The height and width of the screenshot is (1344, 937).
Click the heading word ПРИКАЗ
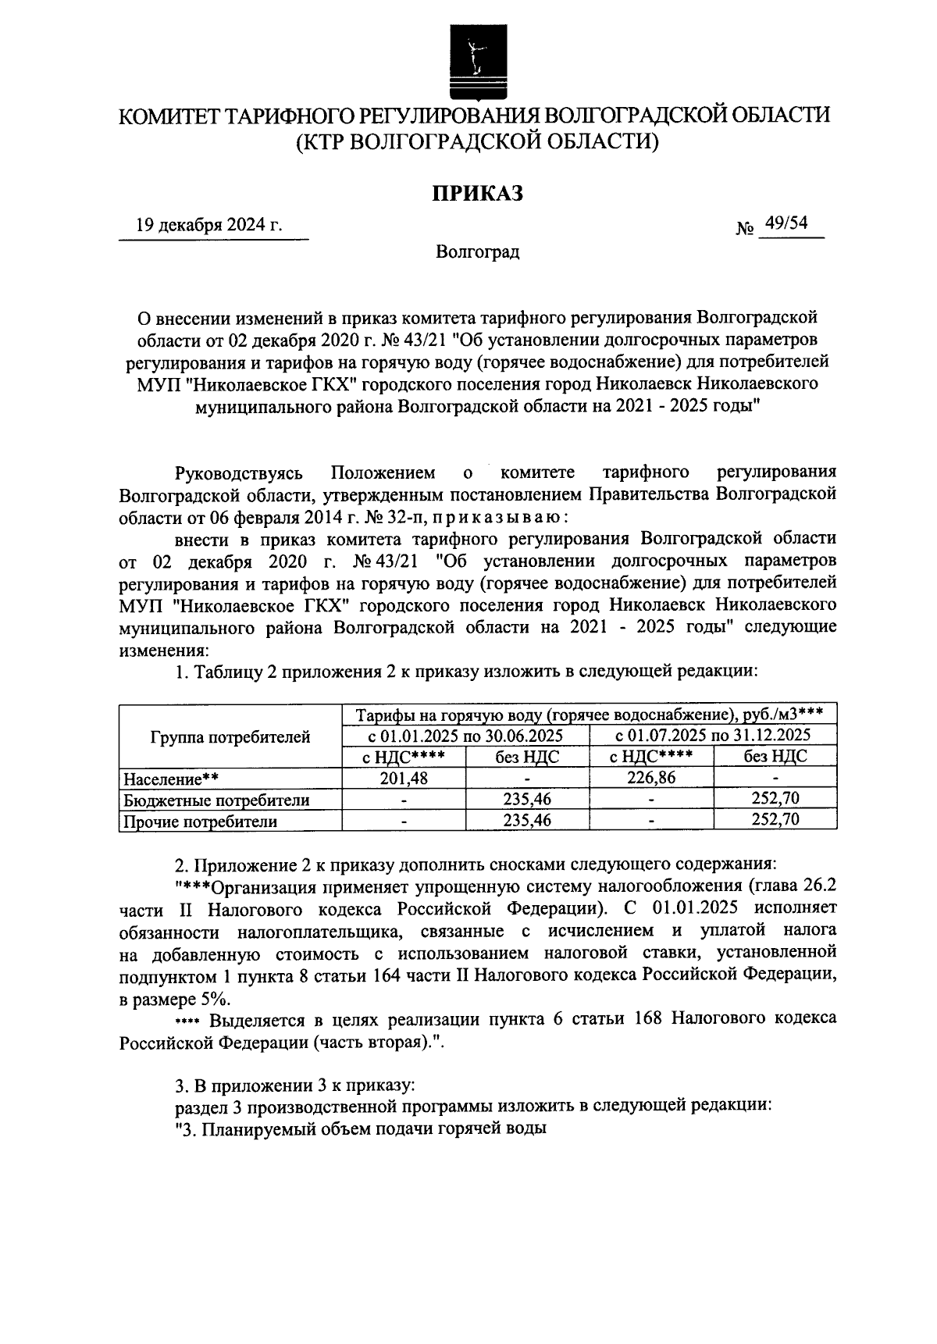[478, 193]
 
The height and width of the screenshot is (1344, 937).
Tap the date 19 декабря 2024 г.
[209, 226]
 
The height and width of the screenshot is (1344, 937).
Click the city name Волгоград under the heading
[478, 252]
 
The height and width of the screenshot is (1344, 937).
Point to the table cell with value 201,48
[404, 778]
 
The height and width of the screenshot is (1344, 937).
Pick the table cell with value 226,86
[652, 778]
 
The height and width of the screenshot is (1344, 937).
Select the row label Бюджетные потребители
[216, 800]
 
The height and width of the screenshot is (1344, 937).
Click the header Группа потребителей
[230, 736]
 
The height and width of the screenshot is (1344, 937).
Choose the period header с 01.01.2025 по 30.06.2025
[466, 736]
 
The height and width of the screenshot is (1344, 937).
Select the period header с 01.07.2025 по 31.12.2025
[713, 736]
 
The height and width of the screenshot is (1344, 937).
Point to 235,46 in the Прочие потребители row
[527, 821]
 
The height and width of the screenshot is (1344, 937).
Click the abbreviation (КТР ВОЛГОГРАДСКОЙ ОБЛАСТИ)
[478, 142]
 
